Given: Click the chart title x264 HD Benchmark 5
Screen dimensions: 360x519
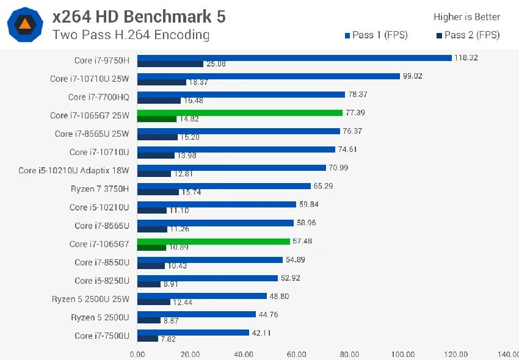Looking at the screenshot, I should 139,16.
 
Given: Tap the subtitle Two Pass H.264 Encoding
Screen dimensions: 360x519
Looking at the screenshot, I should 131,35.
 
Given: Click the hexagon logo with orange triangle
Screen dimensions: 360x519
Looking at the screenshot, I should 24,24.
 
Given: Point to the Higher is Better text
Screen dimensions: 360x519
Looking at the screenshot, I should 466,17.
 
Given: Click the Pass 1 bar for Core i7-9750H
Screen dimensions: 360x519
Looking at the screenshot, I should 293,57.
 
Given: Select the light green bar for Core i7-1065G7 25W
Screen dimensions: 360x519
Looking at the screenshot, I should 239,112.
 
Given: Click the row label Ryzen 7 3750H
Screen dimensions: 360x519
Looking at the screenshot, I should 100,189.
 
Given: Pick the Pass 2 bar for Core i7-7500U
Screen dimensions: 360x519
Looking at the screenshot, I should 148,339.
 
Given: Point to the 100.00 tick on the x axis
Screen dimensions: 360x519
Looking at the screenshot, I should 402,354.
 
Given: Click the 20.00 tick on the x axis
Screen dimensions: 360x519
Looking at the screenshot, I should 190,354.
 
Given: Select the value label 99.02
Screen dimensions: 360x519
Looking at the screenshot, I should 412,76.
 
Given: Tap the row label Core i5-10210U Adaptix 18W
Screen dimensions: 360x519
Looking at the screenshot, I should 74,170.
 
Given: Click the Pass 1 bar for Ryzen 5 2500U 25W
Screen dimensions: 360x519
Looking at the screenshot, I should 202,296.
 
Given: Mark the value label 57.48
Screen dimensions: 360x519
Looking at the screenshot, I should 302,241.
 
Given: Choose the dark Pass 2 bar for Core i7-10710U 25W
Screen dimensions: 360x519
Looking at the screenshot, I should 161,82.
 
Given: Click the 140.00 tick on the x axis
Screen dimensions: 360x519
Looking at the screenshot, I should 507,354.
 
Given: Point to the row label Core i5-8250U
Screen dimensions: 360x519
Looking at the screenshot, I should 102,281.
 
